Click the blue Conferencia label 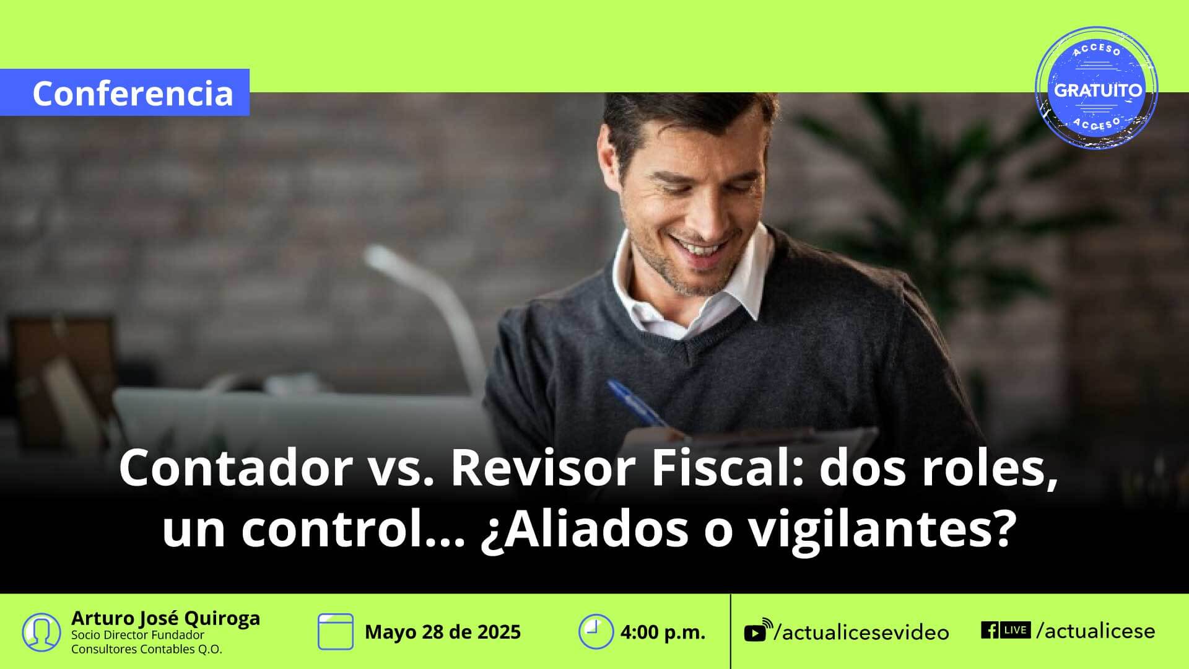tap(124, 92)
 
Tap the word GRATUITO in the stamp tap(1098, 90)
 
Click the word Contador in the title tap(236, 469)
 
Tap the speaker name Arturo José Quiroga tap(165, 618)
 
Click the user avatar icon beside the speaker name tap(41, 632)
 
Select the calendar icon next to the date tap(336, 632)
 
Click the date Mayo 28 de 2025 tap(443, 632)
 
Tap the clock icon tap(596, 632)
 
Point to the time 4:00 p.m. tap(663, 632)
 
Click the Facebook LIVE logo tap(1006, 630)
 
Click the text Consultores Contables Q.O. tap(146, 649)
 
